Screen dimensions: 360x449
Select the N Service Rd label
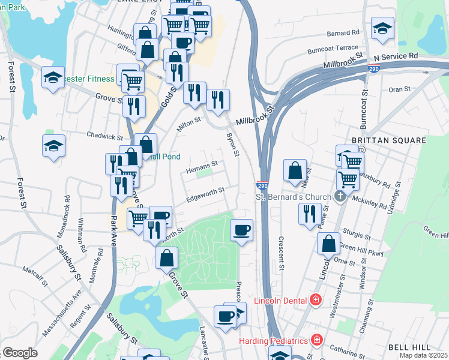pos(395,56)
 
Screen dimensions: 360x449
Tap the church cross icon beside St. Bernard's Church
pos(340,197)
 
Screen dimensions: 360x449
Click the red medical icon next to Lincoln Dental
pos(316,300)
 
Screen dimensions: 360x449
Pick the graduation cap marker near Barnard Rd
pos(382,29)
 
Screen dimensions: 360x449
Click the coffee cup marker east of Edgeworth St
pos(242,230)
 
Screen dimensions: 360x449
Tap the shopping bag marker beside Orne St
pos(328,244)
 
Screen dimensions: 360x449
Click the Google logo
pos(20,353)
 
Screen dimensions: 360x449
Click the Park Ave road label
pos(113,216)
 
